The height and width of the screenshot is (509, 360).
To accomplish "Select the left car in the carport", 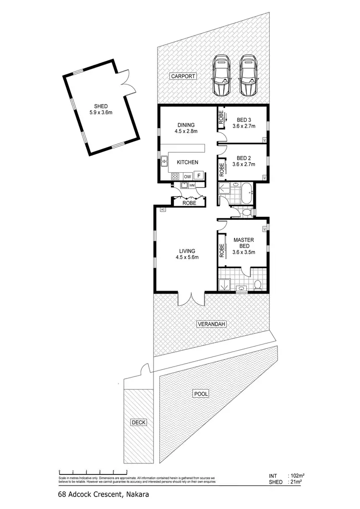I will click(221, 75).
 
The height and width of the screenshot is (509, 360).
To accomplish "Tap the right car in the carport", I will click(248, 75).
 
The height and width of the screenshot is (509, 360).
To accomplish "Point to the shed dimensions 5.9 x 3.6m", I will click(101, 113).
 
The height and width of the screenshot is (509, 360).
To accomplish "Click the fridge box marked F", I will click(199, 176).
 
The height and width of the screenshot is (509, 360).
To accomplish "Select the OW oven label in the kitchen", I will click(187, 177).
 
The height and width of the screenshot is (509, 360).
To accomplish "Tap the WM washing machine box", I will click(192, 185).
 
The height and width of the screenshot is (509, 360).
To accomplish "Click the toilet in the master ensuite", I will click(257, 285).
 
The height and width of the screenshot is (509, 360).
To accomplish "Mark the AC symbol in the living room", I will click(163, 210).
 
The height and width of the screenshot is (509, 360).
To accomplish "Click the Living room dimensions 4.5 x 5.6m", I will click(187, 257).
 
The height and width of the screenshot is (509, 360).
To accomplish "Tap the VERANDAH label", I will click(211, 325).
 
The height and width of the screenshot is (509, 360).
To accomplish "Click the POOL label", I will click(201, 394).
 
